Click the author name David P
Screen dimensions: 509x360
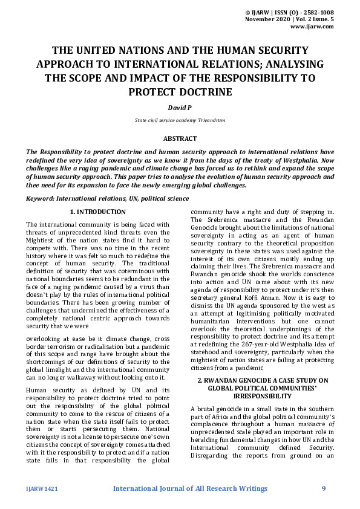(180, 106)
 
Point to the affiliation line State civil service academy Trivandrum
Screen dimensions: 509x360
(180, 120)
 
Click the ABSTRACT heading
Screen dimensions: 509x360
(180, 138)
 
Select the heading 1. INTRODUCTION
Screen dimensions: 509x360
(98, 212)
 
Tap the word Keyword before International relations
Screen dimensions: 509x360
(41, 198)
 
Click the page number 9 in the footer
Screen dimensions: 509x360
(324, 488)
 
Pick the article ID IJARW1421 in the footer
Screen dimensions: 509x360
(42, 488)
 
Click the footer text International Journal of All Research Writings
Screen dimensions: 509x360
(190, 488)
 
